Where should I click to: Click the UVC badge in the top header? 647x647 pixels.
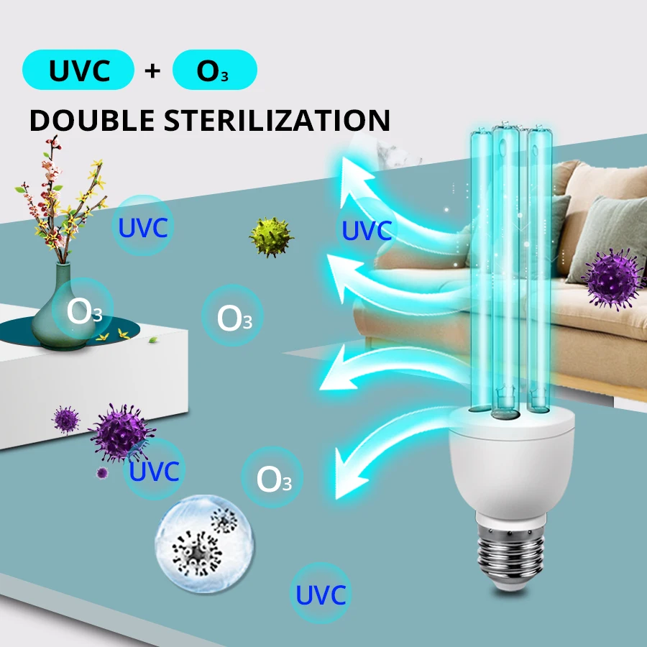[x=78, y=71]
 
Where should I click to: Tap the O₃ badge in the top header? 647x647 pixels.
[x=214, y=71]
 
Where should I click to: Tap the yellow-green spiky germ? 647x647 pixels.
[x=272, y=235]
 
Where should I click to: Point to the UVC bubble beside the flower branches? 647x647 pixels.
[x=143, y=228]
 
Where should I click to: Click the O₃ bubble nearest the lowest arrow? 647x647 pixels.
[x=272, y=479]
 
